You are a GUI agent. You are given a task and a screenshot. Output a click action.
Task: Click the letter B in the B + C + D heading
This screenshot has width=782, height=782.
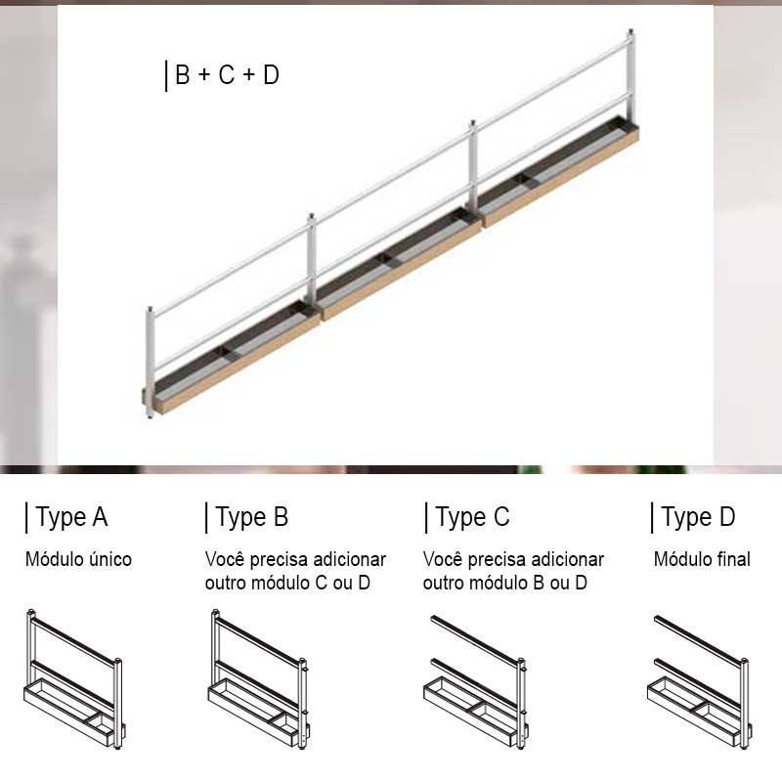(183, 75)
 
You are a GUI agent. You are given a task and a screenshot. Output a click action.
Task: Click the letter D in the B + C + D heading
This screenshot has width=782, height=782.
(272, 75)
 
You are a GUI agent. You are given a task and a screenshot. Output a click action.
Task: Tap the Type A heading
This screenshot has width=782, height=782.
(71, 518)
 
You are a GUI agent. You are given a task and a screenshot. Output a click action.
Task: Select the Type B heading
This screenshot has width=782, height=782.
(252, 518)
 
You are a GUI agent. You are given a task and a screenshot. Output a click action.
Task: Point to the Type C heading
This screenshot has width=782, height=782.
(472, 518)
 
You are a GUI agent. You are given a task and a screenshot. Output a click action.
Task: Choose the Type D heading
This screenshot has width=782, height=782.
(698, 518)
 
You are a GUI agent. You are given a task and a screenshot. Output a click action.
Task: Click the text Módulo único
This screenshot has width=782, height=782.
(78, 559)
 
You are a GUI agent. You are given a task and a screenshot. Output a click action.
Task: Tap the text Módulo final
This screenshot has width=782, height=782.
(702, 559)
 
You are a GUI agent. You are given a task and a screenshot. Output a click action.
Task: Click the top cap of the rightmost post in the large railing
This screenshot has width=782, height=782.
(630, 32)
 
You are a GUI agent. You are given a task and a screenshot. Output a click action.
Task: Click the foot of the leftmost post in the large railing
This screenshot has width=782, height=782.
(150, 414)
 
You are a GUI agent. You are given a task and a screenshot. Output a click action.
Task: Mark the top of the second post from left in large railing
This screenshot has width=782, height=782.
(311, 216)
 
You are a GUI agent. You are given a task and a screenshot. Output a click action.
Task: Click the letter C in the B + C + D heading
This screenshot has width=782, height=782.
(227, 75)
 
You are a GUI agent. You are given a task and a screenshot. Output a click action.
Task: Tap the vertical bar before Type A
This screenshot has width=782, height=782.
(26, 518)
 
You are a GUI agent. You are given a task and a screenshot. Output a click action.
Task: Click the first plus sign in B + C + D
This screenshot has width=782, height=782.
(204, 75)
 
